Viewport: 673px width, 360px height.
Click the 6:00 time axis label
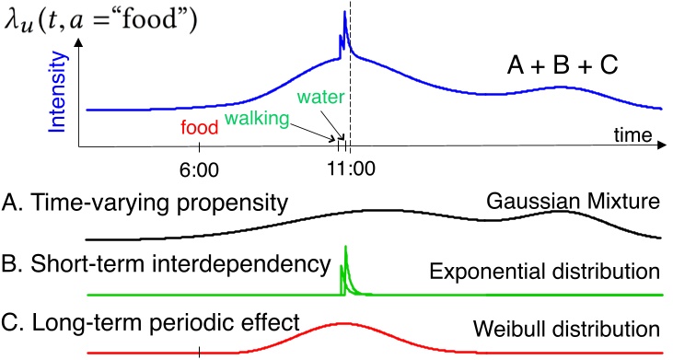(x=199, y=170)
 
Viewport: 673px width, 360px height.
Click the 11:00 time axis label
(x=352, y=168)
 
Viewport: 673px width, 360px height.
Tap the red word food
(x=200, y=127)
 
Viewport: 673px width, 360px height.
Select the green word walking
(x=257, y=118)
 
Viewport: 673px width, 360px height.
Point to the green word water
(x=320, y=97)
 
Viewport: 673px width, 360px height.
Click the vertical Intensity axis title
(x=57, y=91)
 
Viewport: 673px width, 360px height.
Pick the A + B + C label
(x=563, y=66)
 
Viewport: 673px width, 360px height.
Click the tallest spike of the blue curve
(x=344, y=12)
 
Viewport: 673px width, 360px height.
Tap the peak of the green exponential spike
(x=345, y=247)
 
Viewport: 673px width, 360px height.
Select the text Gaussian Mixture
(x=573, y=202)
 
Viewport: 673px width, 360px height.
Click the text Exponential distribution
(x=545, y=272)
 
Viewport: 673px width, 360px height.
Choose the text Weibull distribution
(x=566, y=329)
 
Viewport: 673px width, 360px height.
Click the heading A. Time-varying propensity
(x=145, y=203)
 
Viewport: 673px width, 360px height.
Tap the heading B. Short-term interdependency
(x=166, y=264)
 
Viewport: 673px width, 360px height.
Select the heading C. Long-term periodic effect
(x=150, y=322)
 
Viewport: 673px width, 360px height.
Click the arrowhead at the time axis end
(x=661, y=145)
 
